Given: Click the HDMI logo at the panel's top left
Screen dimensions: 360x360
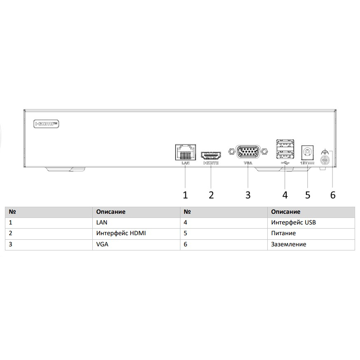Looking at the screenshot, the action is (x=46, y=124).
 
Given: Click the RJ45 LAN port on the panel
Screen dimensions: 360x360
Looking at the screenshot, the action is (x=185, y=152).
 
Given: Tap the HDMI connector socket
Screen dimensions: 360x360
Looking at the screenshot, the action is (x=211, y=156).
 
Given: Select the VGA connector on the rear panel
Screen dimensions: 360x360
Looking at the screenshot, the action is (x=248, y=152).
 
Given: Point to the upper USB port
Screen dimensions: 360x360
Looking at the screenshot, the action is (x=285, y=144).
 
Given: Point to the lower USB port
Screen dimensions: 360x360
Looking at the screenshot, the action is (x=285, y=154).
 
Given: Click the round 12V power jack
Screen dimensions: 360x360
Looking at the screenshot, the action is (x=307, y=152).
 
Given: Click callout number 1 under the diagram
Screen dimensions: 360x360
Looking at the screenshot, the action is (x=185, y=195).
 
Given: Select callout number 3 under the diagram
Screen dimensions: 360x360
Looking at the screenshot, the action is (x=248, y=195).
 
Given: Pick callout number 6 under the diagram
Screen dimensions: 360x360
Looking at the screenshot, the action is (x=333, y=195).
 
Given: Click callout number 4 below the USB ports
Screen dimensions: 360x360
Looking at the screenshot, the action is (x=285, y=195).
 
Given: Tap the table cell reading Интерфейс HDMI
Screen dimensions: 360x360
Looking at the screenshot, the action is (x=121, y=233).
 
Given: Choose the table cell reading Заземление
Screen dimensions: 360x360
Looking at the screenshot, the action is (x=289, y=244).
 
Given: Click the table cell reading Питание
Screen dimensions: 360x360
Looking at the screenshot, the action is (x=283, y=233).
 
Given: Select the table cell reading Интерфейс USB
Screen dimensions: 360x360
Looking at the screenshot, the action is (x=293, y=222).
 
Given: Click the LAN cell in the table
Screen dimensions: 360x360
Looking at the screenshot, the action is (x=102, y=222).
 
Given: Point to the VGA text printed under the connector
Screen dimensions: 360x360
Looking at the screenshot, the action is (x=248, y=163).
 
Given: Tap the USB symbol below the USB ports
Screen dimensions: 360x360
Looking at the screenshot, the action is (x=285, y=163).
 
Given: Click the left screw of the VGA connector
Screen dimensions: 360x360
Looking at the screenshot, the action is (x=231, y=152).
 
